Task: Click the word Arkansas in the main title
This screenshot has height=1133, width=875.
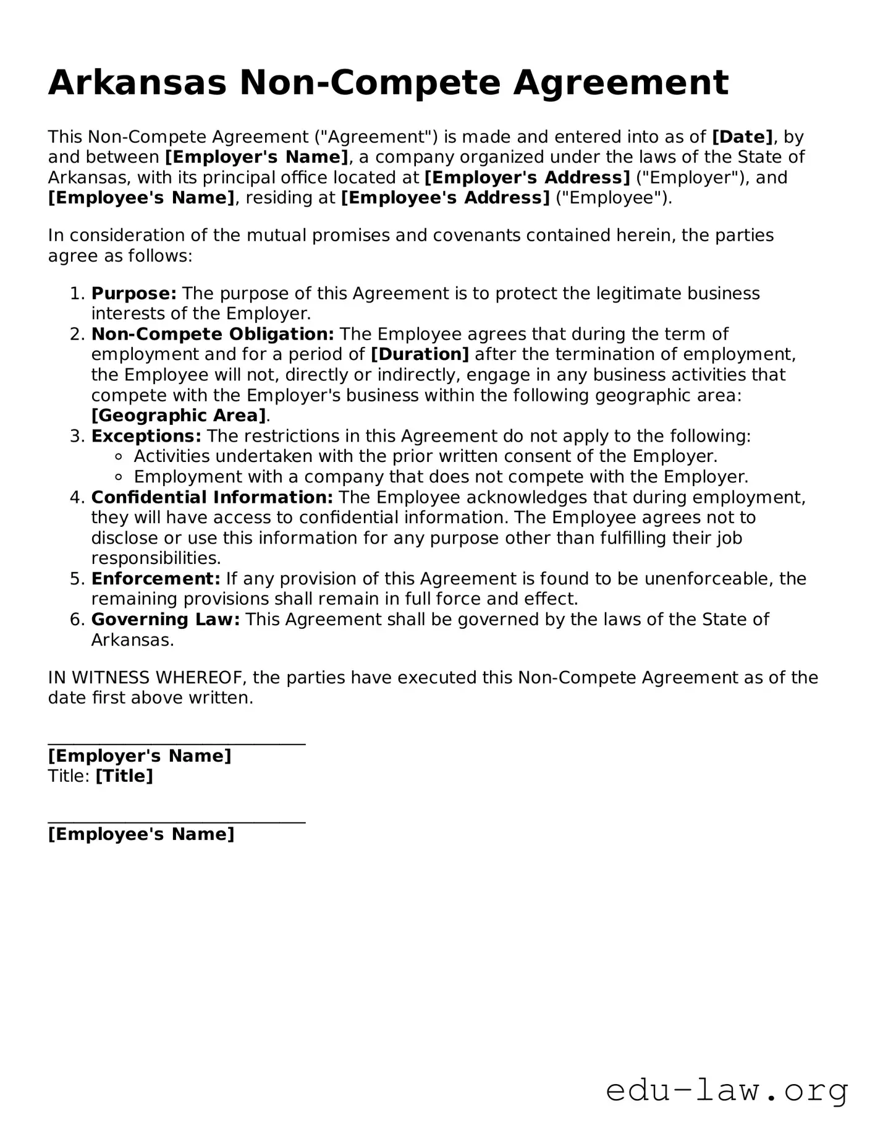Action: point(137,83)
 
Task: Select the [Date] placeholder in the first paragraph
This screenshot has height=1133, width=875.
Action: point(742,137)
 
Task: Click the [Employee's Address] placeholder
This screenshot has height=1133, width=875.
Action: point(445,198)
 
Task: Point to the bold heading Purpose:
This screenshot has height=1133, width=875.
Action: point(134,293)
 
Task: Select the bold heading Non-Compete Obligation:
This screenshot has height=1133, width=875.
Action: point(213,334)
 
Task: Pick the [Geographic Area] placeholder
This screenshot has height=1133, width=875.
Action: point(179,416)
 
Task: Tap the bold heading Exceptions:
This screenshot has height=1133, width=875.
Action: point(146,436)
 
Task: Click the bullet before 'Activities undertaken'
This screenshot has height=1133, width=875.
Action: point(120,457)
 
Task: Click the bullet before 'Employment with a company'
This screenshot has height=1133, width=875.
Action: point(120,477)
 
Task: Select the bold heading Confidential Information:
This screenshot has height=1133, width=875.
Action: point(212,497)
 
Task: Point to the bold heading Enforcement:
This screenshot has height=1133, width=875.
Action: point(156,579)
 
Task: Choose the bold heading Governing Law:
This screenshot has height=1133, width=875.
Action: point(166,620)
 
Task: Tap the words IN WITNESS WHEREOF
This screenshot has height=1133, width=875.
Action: point(147,678)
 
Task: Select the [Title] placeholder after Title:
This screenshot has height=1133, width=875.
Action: point(124,776)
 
